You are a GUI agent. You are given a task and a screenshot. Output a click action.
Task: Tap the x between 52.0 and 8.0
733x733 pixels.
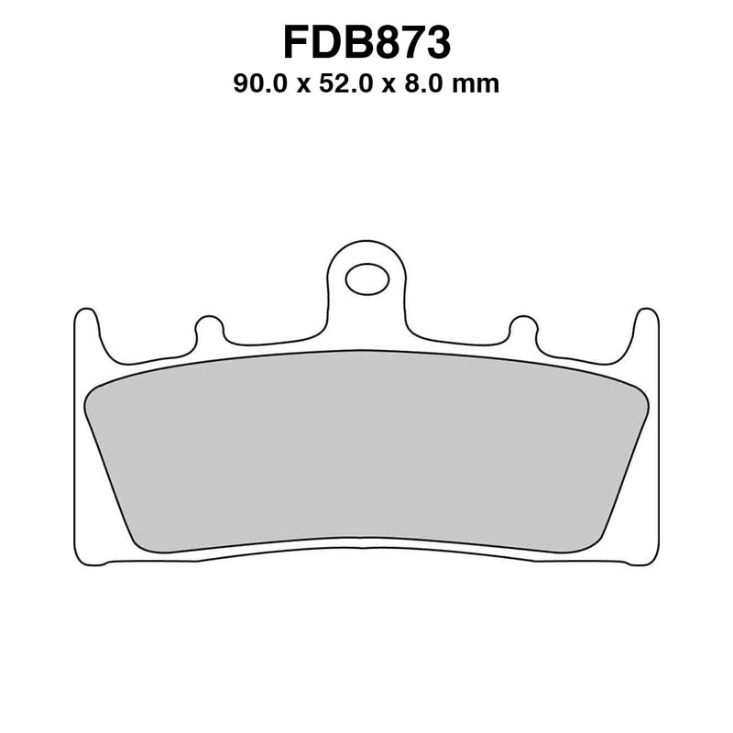(398, 87)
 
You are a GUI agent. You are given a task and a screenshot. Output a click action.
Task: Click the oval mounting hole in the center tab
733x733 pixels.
(366, 278)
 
